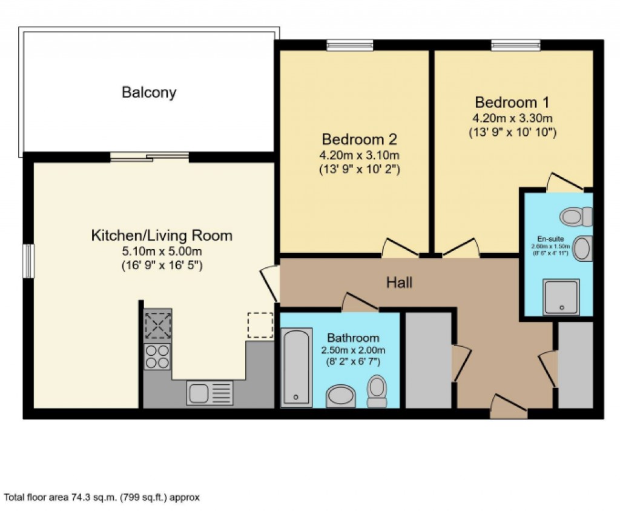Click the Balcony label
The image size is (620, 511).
[149, 93]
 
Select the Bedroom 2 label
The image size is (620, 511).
[359, 139]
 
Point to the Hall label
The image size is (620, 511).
[399, 282]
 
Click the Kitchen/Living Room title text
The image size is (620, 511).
[162, 235]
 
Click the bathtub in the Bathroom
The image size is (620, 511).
[297, 367]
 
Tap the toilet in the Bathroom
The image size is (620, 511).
[377, 391]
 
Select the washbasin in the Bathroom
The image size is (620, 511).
[340, 396]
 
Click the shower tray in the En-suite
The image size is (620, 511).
[561, 296]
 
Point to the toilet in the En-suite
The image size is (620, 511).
[576, 216]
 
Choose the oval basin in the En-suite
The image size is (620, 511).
[582, 249]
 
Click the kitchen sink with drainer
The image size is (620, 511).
[209, 393]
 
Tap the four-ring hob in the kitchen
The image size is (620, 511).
[157, 356]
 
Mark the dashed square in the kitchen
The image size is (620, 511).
[260, 325]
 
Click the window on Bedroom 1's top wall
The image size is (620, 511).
[515, 44]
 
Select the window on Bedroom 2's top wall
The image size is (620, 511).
[349, 44]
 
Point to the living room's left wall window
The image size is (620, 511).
[28, 261]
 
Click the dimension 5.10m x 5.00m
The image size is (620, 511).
[162, 252]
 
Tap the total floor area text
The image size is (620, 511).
[102, 498]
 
